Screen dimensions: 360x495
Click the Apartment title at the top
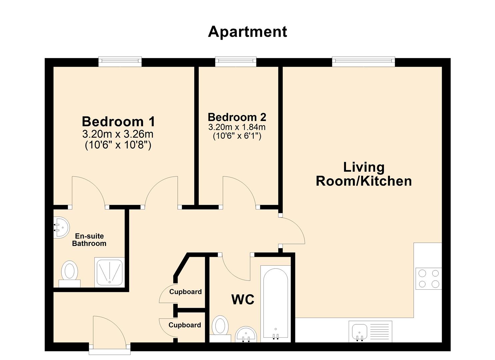click(x=247, y=32)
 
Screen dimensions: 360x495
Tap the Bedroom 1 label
click(x=118, y=122)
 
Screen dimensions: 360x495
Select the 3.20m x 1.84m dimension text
click(x=237, y=127)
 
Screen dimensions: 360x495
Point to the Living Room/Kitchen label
click(x=364, y=174)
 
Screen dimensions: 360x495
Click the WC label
click(x=243, y=300)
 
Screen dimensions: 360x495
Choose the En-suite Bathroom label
click(x=89, y=240)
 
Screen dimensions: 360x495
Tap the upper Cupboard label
click(x=185, y=292)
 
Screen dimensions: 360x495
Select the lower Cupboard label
click(x=185, y=325)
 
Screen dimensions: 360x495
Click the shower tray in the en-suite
click(x=109, y=272)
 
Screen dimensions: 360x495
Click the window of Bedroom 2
click(x=236, y=62)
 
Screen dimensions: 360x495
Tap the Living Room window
click(x=363, y=62)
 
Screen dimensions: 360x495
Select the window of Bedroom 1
click(x=120, y=62)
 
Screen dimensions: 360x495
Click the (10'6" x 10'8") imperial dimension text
click(x=118, y=145)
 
